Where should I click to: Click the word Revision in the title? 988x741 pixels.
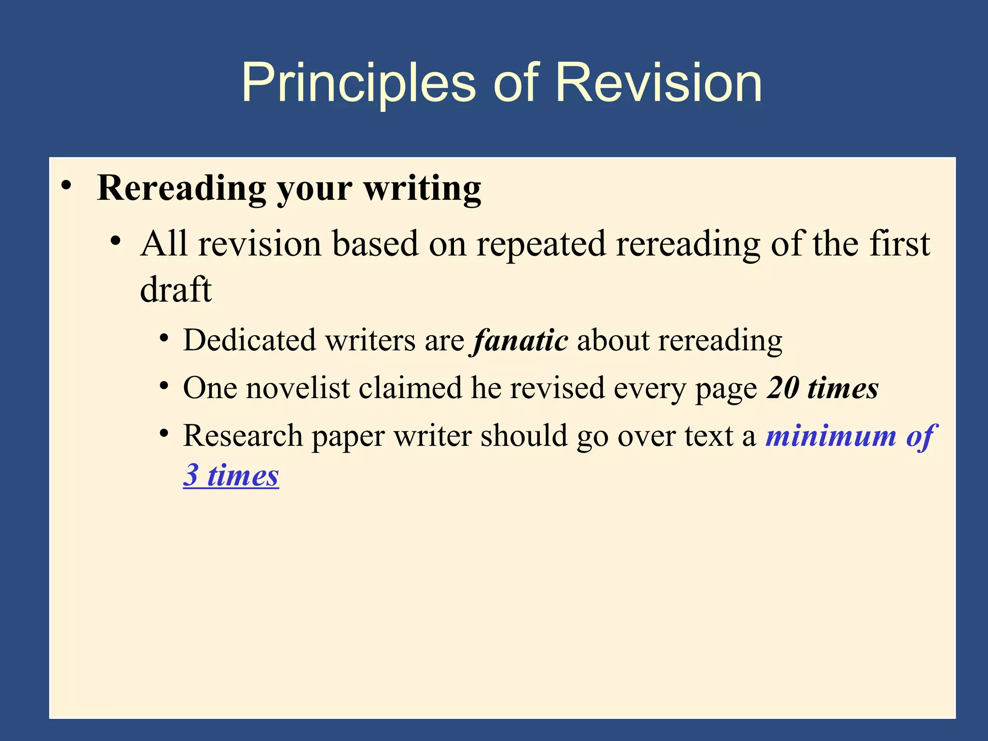click(659, 83)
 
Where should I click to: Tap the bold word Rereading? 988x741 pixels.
click(181, 188)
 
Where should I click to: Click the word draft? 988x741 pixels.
click(176, 289)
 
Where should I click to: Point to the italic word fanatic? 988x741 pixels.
click(520, 341)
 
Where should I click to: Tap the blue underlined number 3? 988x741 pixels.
click(191, 475)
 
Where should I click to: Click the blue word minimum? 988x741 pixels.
click(831, 436)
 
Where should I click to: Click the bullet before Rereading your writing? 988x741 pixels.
click(67, 186)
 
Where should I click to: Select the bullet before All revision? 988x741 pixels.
click(115, 241)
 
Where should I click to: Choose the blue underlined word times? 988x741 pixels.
click(243, 475)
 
